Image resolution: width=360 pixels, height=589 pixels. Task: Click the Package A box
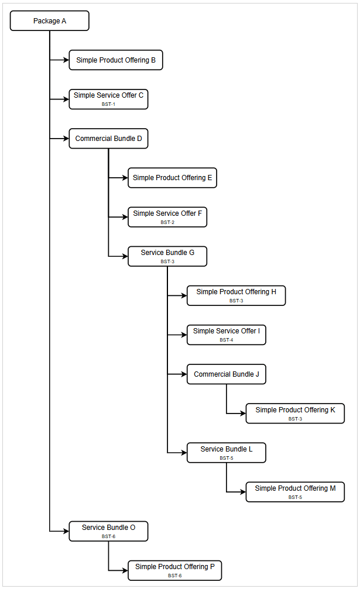(50, 21)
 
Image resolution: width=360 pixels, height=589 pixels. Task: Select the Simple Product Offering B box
(115, 60)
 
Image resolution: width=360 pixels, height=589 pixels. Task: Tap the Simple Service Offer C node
(108, 99)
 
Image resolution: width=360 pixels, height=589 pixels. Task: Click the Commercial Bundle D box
(108, 139)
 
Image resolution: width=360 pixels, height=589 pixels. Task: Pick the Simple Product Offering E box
(172, 178)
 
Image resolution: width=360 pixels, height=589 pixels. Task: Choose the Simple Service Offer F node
(167, 217)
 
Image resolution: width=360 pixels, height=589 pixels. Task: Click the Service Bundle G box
(167, 256)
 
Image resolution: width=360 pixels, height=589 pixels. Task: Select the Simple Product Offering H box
(236, 295)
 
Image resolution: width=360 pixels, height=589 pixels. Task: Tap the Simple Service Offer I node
(226, 335)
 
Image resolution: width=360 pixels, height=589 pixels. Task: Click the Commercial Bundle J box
(226, 374)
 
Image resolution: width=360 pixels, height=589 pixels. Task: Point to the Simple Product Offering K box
(295, 414)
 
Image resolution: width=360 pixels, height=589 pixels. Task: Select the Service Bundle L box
(226, 453)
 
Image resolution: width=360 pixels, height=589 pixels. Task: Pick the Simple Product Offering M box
(295, 492)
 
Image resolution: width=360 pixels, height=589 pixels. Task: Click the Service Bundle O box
(108, 531)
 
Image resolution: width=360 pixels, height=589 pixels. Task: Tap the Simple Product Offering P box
(174, 570)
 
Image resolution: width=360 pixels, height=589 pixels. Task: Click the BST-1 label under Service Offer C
(108, 104)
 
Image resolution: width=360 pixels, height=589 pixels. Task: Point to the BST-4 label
(226, 340)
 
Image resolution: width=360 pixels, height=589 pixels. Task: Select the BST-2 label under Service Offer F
(167, 222)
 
